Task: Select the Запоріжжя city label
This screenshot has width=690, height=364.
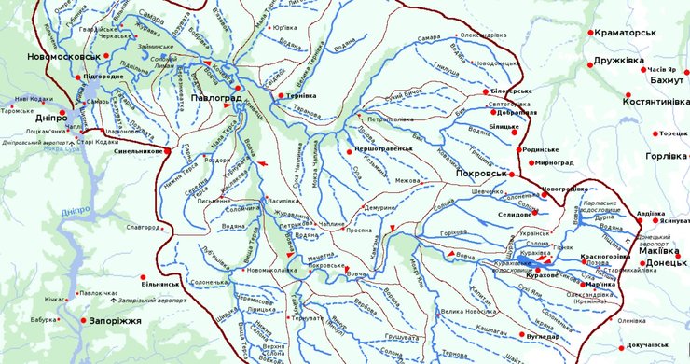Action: (x=116, y=321)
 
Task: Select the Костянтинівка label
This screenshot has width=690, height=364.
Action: (x=655, y=100)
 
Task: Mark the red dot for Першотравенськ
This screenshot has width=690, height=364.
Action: (x=347, y=149)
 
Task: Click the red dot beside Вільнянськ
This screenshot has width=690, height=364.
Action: (x=143, y=277)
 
